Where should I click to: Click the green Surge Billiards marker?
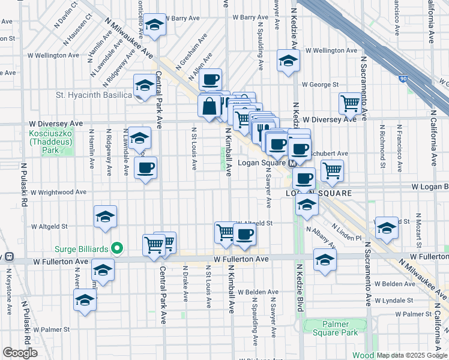click(118, 248)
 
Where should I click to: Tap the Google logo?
click(20, 353)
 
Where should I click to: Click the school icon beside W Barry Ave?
click(155, 25)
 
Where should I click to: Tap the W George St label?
click(321, 85)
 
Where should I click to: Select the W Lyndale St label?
click(394, 299)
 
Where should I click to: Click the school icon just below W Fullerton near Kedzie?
click(325, 259)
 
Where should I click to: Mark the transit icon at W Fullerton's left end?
click(9, 257)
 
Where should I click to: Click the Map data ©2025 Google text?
click(412, 355)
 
